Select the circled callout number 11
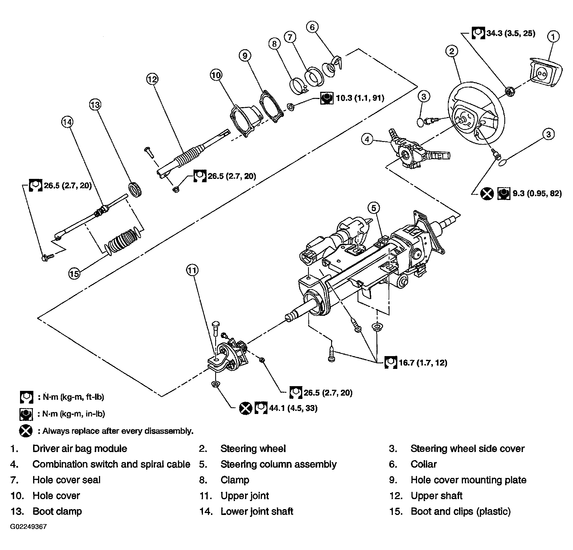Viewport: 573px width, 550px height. [x=192, y=270]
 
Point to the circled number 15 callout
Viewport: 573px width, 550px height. [x=74, y=273]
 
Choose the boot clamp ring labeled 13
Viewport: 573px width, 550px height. [x=135, y=189]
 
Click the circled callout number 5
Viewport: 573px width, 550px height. [x=374, y=208]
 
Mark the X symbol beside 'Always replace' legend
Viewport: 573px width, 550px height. [x=26, y=431]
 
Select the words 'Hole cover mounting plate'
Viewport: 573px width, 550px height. [x=468, y=480]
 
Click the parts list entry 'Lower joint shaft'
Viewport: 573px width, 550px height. [x=257, y=511]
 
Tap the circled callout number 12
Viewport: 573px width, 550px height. [x=152, y=79]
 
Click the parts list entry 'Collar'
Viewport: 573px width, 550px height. [x=423, y=464]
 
